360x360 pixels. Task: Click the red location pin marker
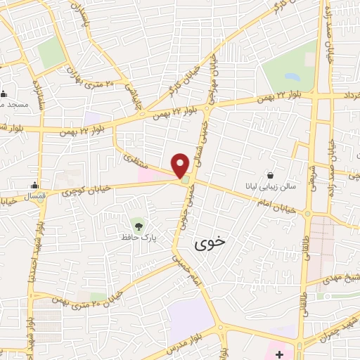point(181,165)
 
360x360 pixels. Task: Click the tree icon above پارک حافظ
point(139,226)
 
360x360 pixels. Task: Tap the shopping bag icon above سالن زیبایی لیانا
point(271,175)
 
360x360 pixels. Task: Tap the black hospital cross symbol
point(280,352)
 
